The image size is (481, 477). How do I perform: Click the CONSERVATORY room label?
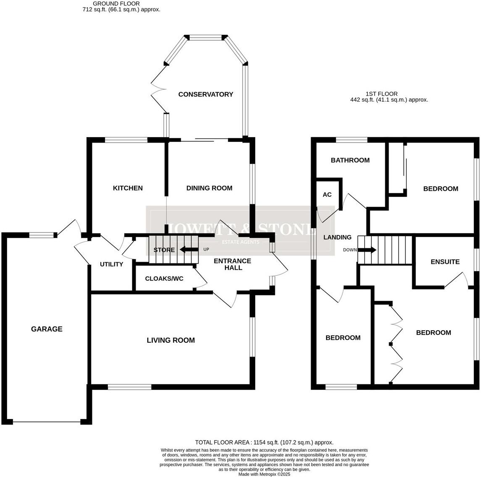205,94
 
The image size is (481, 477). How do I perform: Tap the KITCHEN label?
128,188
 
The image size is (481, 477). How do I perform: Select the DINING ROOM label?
209,188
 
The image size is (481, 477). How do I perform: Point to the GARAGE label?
47,329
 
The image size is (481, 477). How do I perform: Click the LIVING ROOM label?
170,340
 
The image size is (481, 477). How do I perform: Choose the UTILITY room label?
111,264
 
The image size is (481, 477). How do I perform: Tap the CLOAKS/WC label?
164,279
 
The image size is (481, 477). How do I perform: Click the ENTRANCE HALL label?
233,264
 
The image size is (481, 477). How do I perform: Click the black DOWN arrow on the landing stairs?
367,250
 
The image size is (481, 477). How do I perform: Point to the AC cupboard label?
327,195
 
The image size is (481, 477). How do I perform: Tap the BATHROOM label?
350,160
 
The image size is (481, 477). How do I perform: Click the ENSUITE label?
445,262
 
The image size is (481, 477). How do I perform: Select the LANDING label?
337,237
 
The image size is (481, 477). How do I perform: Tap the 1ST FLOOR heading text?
381,94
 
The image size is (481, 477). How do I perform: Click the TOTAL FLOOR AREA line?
264,442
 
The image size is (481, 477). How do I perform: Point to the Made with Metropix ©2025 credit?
264,474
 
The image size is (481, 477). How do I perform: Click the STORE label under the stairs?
164,250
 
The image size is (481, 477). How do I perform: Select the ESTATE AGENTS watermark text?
240,242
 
